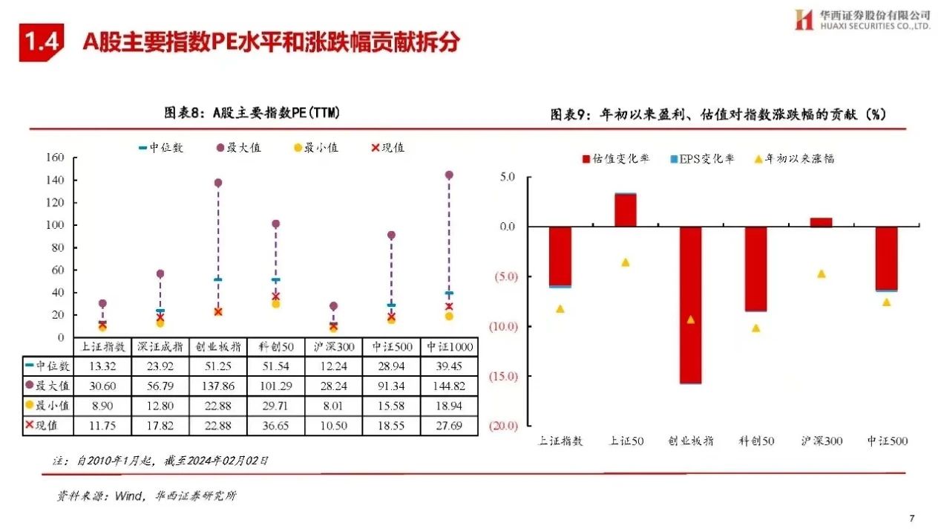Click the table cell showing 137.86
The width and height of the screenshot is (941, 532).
218,386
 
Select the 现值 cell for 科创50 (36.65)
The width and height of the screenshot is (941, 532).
276,426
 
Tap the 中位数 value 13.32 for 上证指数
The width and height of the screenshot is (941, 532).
102,366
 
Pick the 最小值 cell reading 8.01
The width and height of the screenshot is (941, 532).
333,406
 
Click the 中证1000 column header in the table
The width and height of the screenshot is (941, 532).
448,347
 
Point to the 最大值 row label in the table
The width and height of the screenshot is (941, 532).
49,386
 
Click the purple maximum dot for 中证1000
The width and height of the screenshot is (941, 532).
448,175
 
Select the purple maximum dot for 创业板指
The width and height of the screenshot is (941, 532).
218,183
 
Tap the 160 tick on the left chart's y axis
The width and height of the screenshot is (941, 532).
56,158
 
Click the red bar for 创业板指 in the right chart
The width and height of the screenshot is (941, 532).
691,305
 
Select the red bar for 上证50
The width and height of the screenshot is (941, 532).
625,210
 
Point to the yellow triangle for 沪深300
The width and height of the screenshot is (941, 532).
822,274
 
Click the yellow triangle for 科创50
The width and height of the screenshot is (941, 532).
756,328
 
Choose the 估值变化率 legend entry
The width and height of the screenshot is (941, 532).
617,158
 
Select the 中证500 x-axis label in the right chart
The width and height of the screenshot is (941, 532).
887,441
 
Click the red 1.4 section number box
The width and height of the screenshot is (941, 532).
42,42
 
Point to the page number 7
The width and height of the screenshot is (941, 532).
912,518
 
